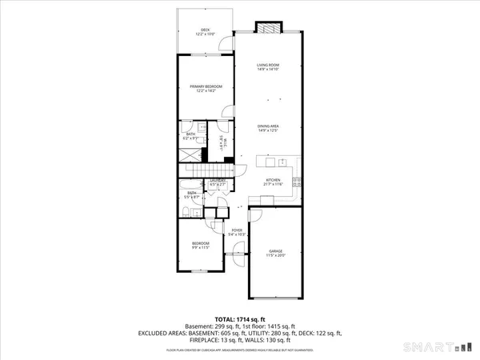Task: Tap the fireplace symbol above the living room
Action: tap(270, 27)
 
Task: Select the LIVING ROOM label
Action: tap(268, 67)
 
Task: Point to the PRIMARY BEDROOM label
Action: tap(206, 87)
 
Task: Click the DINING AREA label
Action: tap(268, 127)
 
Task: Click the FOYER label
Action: tap(236, 232)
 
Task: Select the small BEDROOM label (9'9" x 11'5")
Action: tap(200, 245)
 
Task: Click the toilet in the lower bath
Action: tap(185, 211)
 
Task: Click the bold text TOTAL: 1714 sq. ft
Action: tap(240, 318)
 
